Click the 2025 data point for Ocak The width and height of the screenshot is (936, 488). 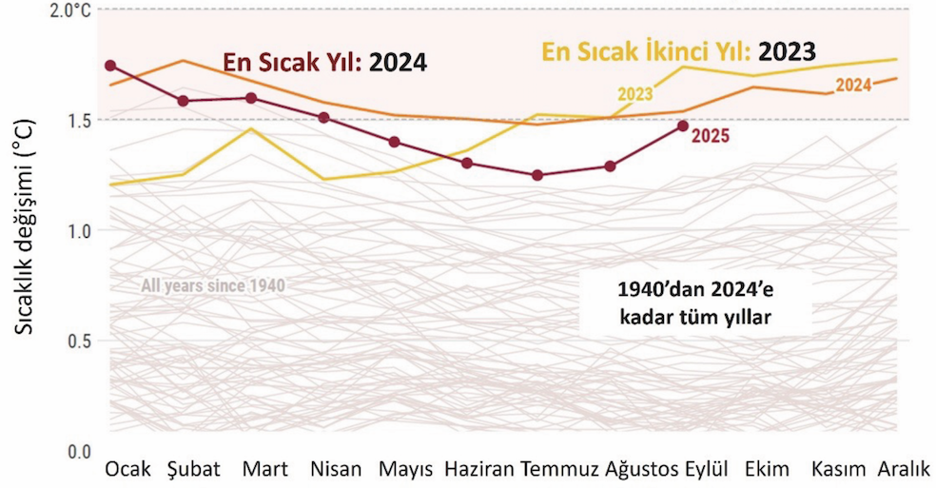pos(110,66)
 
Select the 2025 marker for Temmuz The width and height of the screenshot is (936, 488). pos(538,175)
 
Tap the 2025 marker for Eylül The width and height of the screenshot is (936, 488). pos(682,126)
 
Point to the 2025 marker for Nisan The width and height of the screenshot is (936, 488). pos(323,117)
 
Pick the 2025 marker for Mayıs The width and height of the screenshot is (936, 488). pos(395,142)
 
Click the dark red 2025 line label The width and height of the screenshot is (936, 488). pos(710,136)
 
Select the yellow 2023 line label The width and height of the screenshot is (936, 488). pos(634,93)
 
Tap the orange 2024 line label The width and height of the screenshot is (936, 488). pos(853,86)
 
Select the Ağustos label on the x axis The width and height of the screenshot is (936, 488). pos(640,469)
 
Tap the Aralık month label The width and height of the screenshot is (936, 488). pos(903,469)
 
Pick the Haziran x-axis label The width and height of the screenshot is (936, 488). pos(479,469)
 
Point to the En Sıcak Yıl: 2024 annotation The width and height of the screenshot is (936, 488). pos(324,64)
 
